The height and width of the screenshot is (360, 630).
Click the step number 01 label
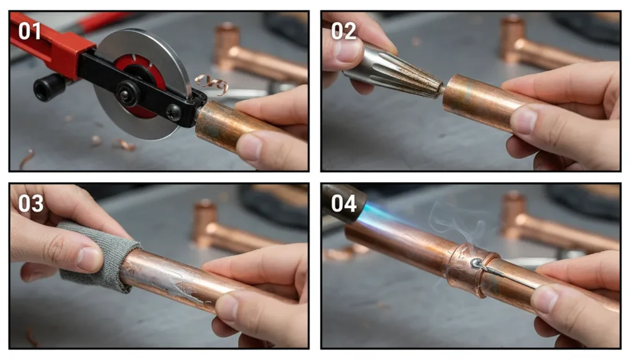click(30, 31)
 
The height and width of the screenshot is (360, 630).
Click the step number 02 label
click(344, 31)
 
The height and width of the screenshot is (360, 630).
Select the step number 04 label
click(344, 202)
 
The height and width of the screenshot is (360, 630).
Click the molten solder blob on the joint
click(477, 264)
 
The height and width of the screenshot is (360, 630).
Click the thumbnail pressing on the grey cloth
click(89, 258)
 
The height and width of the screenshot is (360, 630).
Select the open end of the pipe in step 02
click(447, 92)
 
